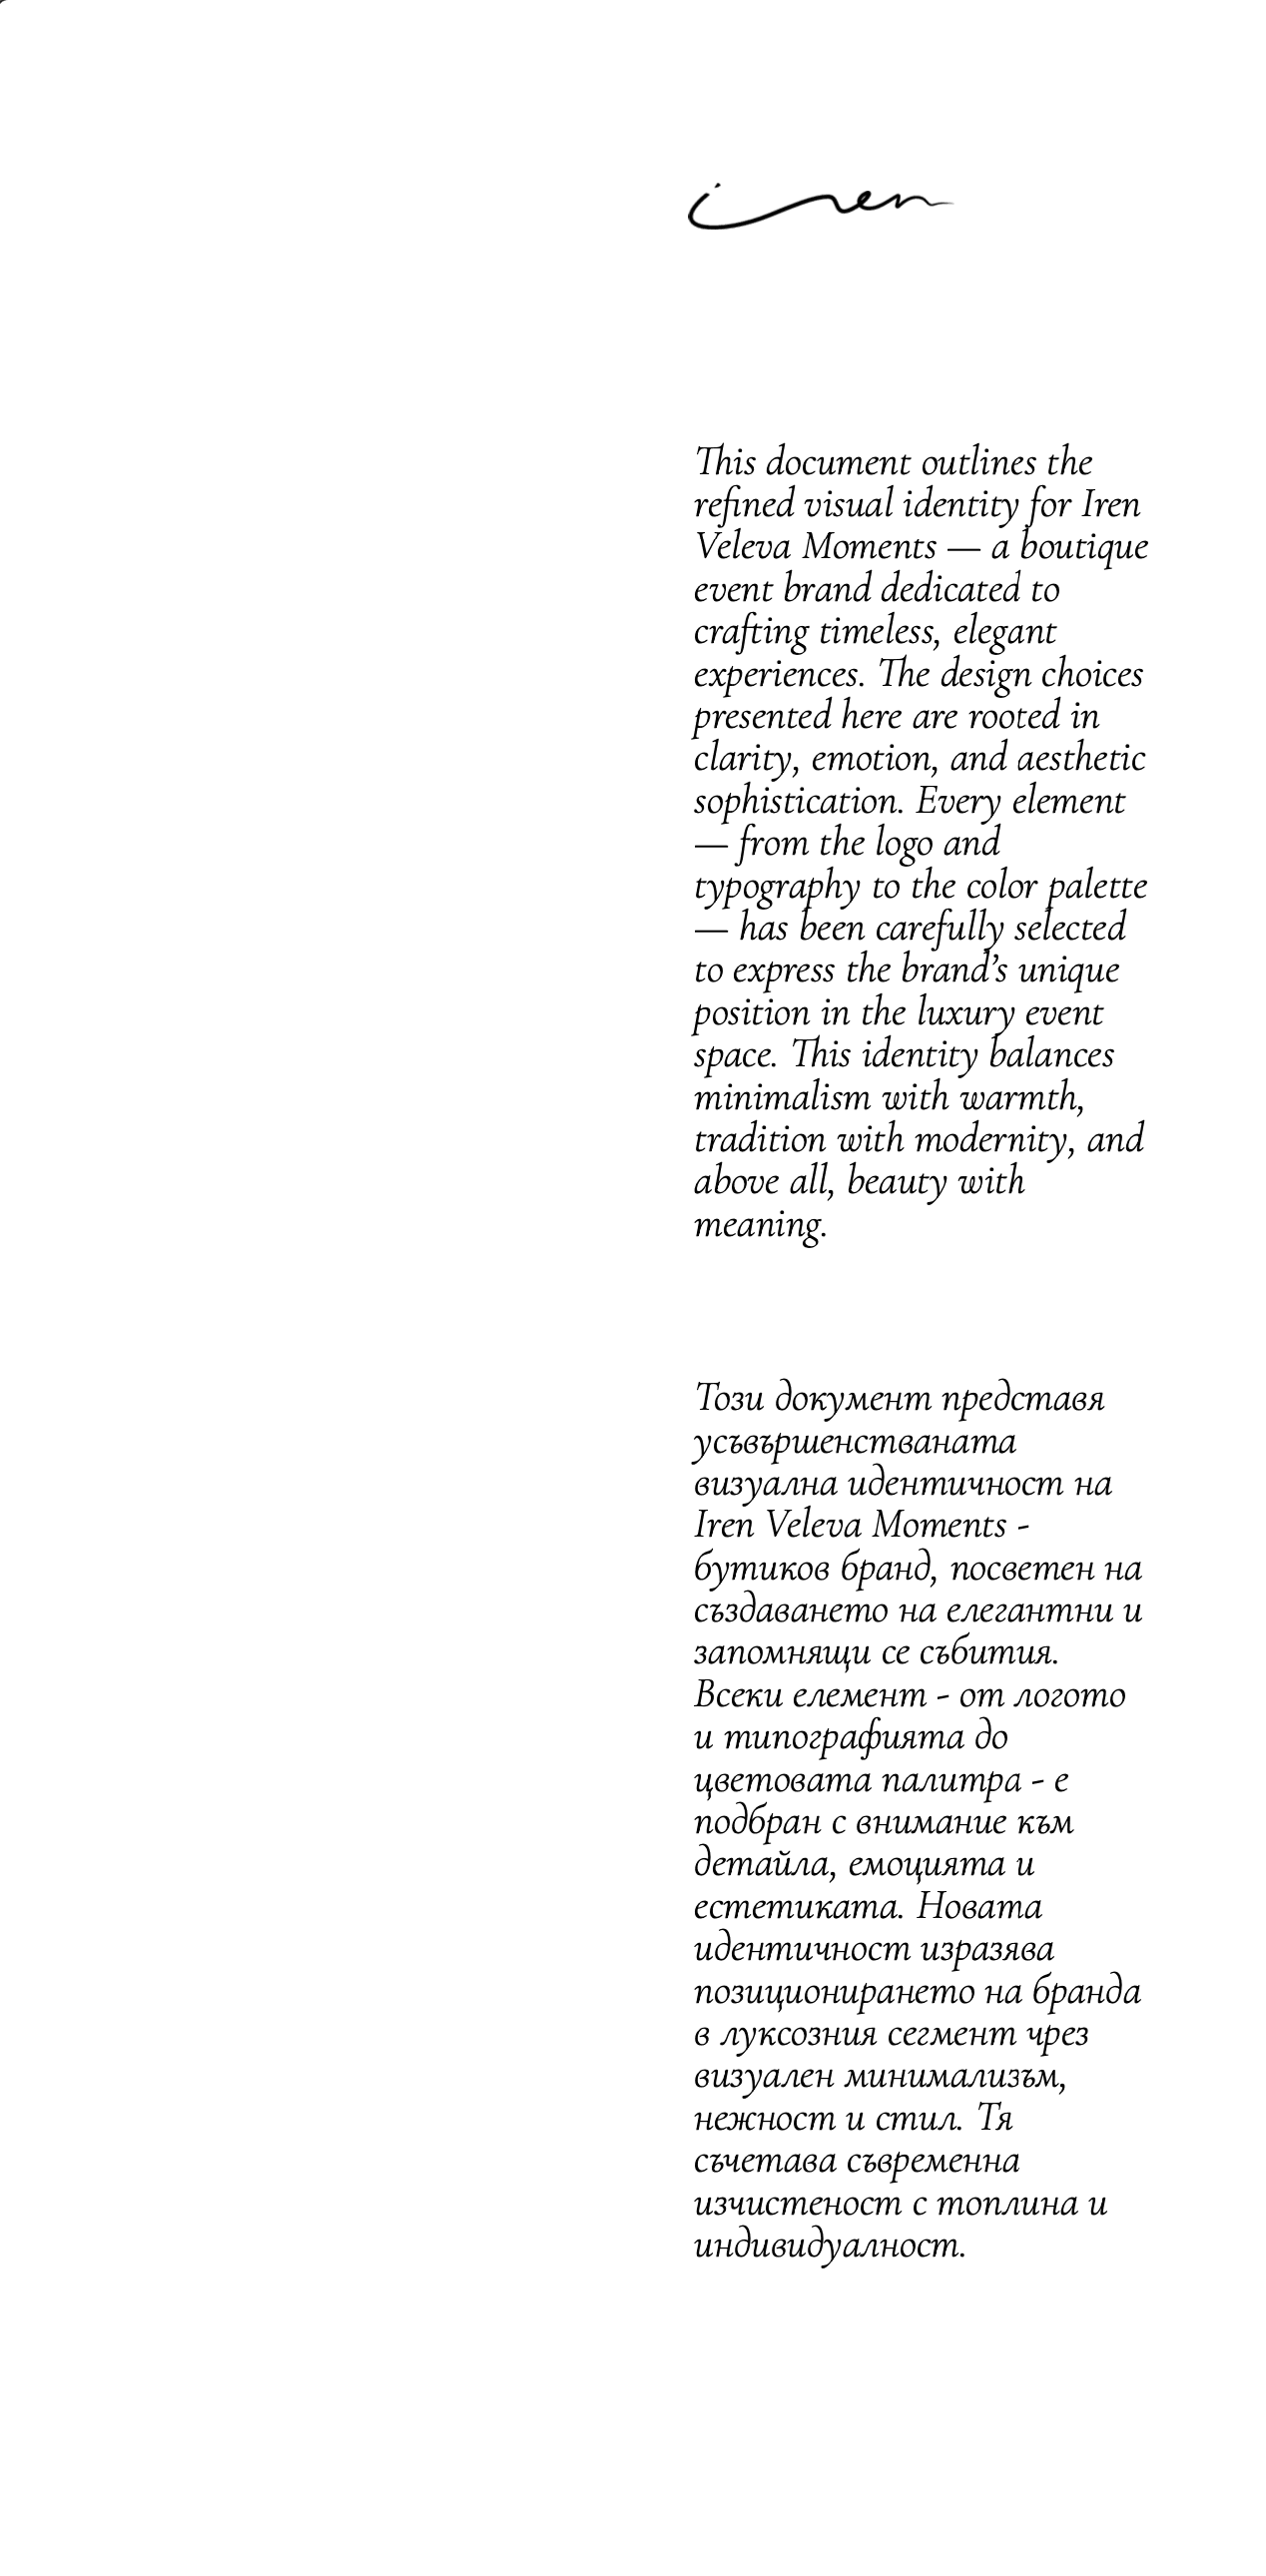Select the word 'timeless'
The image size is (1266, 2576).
point(875,632)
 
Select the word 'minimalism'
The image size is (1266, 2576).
point(782,1098)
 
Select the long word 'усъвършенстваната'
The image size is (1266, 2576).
point(855,1441)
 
